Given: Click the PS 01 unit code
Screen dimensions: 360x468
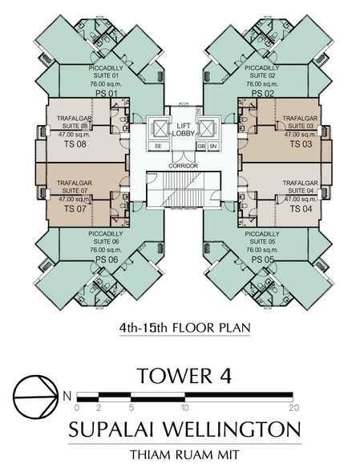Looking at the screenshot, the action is click(x=107, y=94).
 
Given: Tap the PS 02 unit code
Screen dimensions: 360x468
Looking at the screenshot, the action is click(x=263, y=94).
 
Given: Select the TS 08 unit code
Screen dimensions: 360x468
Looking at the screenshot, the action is click(x=75, y=144).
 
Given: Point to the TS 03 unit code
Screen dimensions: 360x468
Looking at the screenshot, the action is click(x=301, y=144).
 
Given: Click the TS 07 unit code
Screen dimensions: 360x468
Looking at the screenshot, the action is click(x=75, y=208).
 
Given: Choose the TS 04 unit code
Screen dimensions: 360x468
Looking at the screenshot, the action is click(x=301, y=208).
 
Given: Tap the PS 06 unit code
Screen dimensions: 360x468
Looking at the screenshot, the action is click(x=107, y=260).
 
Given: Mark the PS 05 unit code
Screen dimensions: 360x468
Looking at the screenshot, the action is click(x=263, y=260).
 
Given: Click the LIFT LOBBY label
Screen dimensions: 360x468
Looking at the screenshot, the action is click(x=184, y=129).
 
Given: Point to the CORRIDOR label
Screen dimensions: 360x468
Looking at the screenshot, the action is click(x=184, y=166).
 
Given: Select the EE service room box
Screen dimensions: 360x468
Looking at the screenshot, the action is click(x=159, y=146).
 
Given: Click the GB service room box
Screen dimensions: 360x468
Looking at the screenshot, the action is click(x=201, y=146).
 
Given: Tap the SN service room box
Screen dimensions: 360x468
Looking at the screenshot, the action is click(x=212, y=146).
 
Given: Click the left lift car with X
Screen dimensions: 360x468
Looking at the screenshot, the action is click(x=159, y=129).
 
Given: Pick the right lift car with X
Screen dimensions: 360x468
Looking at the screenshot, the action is click(x=207, y=129).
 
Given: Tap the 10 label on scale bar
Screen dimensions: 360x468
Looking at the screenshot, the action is click(x=185, y=408).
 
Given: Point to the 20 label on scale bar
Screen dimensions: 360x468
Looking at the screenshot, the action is click(x=294, y=408).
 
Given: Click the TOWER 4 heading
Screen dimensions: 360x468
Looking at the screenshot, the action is click(x=184, y=376).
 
